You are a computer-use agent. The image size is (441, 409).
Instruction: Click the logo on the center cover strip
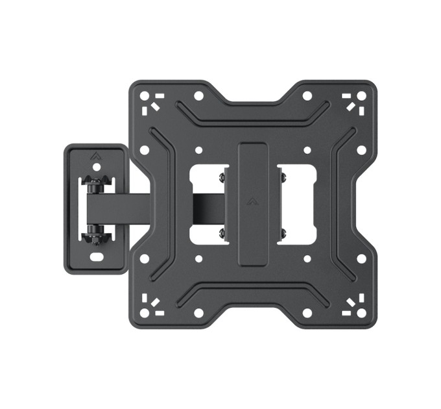pos(252,201)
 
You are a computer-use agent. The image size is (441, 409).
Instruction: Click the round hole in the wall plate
pos(96,167)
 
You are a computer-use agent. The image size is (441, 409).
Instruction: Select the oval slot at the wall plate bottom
pos(97,256)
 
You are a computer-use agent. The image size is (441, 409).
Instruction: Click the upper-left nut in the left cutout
pos(222,174)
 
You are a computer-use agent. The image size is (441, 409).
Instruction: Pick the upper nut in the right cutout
pos(281,174)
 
